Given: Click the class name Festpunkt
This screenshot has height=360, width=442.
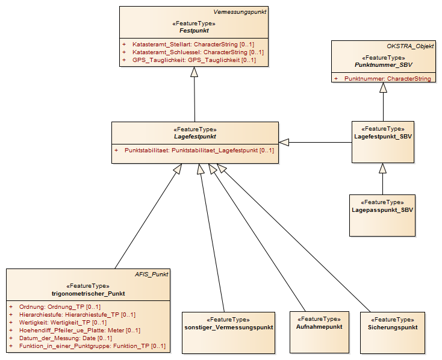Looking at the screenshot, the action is [x=194, y=31].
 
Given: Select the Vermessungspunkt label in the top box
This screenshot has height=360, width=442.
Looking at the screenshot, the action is [x=240, y=12].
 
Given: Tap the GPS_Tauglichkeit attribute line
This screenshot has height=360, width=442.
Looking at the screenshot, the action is [x=189, y=60].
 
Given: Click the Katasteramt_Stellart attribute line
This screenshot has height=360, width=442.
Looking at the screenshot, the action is [x=188, y=45].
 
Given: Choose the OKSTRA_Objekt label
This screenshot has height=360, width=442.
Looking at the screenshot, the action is [x=410, y=46].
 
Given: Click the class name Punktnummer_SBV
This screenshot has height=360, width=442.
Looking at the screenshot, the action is [x=384, y=65].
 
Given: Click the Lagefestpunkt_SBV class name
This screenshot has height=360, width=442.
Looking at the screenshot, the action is [x=383, y=137].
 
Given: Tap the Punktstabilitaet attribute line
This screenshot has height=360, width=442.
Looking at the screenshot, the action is [x=195, y=151].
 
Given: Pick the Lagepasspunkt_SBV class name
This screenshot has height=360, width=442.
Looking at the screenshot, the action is [x=382, y=209].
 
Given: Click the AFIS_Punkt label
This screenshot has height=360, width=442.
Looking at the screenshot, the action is [x=151, y=275].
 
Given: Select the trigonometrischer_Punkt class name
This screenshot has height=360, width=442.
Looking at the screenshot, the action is [x=89, y=293].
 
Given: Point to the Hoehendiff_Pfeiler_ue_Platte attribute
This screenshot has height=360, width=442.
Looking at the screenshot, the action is [x=75, y=330].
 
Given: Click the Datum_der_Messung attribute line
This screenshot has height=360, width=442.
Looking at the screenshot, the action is [x=60, y=338].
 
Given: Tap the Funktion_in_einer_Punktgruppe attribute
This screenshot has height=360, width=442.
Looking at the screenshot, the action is [x=87, y=346].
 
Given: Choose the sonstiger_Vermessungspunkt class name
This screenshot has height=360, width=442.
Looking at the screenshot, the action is [x=229, y=327].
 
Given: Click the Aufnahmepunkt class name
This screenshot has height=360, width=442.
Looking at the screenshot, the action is [x=319, y=327].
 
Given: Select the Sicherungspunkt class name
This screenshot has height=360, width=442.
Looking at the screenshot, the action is [x=393, y=327].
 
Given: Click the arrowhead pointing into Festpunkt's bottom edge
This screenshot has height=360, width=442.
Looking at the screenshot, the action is [x=194, y=72].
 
